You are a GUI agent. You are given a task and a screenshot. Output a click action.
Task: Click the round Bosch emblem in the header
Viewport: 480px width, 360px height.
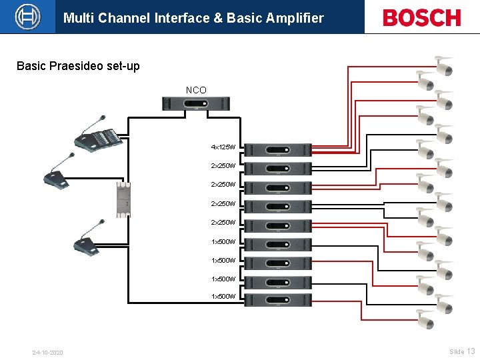coord(27,17)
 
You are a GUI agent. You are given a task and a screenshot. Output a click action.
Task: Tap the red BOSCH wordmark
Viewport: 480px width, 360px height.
coord(421,17)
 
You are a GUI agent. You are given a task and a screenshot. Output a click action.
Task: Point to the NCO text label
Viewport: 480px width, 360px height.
coord(196,90)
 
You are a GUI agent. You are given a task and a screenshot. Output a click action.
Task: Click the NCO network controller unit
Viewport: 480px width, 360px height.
coord(197,103)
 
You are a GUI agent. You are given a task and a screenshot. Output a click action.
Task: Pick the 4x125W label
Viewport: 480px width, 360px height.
coord(223,147)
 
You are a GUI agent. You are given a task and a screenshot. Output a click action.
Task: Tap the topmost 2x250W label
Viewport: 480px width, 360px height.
coord(223,165)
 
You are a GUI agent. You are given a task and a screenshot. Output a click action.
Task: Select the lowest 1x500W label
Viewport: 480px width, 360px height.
coord(223,296)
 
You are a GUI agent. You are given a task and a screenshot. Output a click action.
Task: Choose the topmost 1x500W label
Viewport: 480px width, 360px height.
coord(223,241)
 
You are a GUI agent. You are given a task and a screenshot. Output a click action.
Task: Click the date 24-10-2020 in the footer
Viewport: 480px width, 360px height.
coord(47,352)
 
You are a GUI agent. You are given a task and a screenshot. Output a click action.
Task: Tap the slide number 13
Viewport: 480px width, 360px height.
coord(471,351)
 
